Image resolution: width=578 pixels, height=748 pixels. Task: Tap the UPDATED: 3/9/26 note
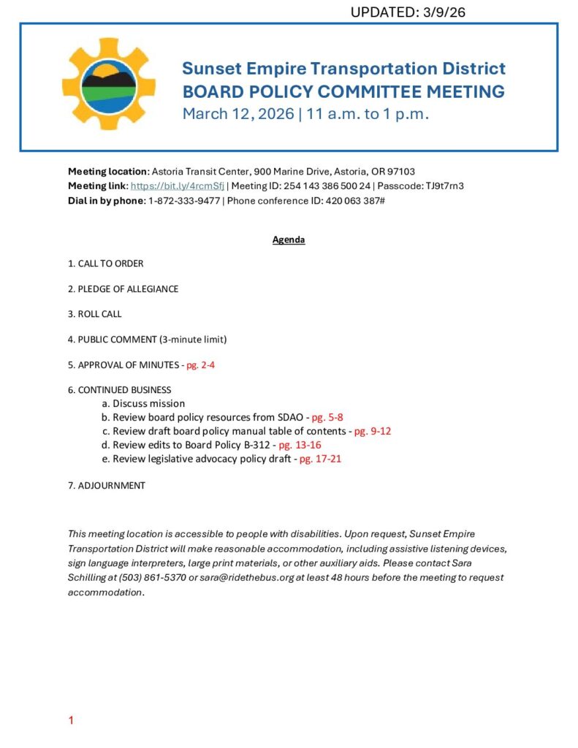[408, 12]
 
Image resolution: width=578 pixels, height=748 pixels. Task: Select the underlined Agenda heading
[289, 240]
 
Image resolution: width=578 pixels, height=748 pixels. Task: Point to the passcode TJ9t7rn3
[444, 186]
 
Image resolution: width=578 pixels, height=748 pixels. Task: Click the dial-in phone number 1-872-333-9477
[183, 200]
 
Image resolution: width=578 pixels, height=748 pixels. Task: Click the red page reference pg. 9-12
[373, 431]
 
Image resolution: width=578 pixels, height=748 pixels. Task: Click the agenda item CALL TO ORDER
[110, 263]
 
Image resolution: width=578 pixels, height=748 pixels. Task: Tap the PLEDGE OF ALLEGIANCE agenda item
[128, 289]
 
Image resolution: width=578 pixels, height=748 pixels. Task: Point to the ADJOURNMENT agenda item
[111, 485]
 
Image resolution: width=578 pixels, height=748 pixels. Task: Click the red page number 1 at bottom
[71, 721]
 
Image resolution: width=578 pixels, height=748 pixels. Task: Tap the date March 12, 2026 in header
[237, 114]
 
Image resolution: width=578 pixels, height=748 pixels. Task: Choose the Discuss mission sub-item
[148, 403]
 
